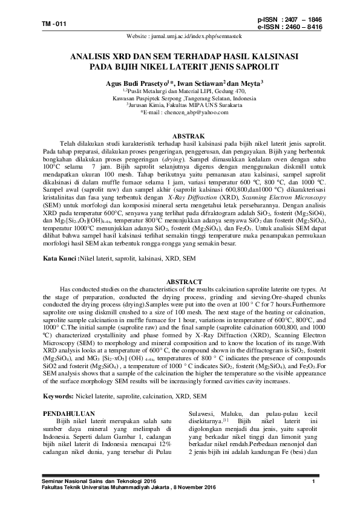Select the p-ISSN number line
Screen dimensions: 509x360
coord(290,21)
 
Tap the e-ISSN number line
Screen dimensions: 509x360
coord(290,27)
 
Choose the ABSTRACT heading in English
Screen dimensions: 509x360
coord(187,282)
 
